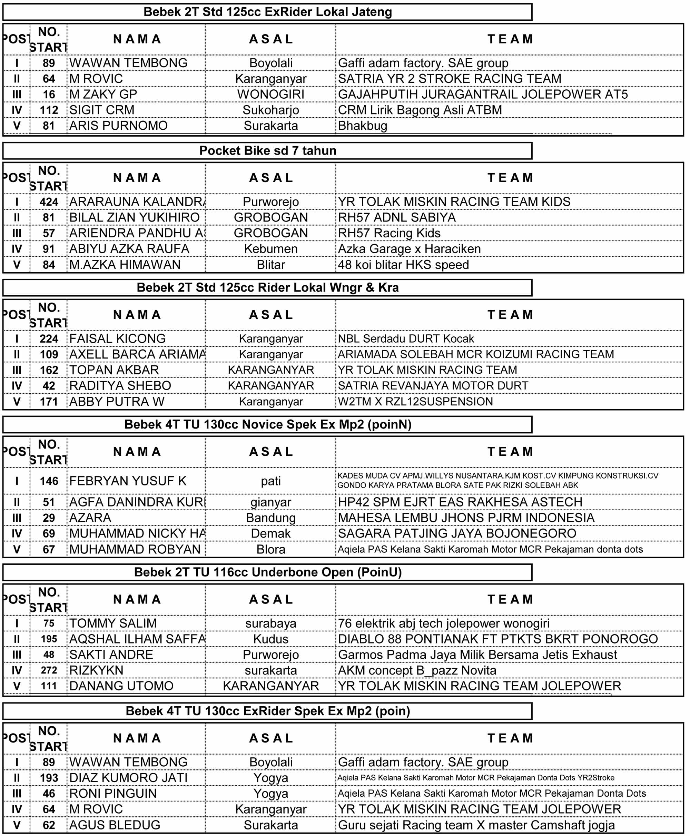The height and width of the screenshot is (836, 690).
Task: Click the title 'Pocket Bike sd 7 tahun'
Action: click(x=267, y=151)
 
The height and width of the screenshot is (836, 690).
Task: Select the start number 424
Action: click(x=49, y=202)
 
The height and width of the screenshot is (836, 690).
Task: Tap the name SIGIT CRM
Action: click(x=102, y=110)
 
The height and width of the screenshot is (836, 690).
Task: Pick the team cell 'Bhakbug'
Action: click(x=362, y=126)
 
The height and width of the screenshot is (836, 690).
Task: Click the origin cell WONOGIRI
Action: click(x=271, y=94)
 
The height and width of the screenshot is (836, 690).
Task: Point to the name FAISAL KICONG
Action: click(x=117, y=339)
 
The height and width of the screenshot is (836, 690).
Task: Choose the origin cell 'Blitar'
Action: click(x=271, y=265)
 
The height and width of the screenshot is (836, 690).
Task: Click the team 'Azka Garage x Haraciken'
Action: click(x=409, y=249)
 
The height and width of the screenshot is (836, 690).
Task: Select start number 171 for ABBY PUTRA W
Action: click(x=49, y=402)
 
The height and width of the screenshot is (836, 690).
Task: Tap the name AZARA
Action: click(x=90, y=518)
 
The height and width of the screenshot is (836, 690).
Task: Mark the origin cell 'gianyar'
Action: click(x=271, y=502)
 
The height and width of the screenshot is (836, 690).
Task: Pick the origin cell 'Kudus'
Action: click(x=271, y=639)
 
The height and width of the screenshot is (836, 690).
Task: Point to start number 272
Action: click(x=49, y=670)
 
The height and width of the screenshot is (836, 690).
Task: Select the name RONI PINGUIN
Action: click(x=113, y=793)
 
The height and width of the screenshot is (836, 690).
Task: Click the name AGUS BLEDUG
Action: click(x=115, y=825)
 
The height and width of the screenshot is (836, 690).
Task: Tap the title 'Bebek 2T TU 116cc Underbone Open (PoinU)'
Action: click(x=267, y=572)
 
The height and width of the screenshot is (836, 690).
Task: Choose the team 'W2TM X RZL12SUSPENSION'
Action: click(x=415, y=402)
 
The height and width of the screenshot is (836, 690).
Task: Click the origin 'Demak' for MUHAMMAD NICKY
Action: click(x=271, y=533)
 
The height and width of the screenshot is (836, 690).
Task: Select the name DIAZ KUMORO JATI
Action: click(x=128, y=778)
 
